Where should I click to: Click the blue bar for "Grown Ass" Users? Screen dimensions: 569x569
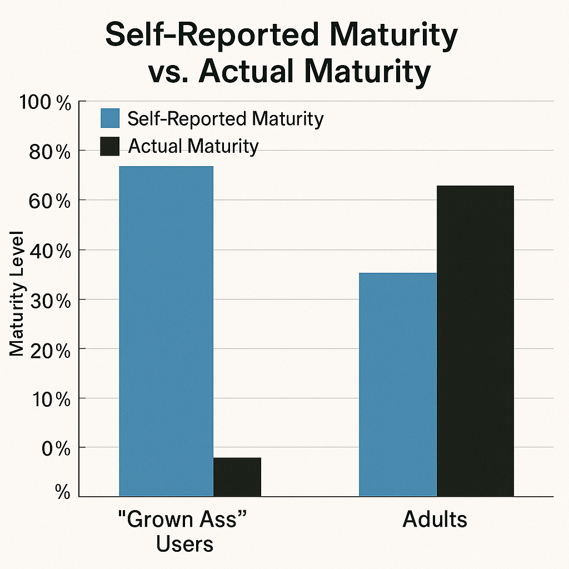[166, 331]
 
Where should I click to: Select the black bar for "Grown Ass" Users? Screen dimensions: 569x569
[237, 477]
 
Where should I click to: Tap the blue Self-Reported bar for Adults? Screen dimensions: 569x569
[398, 384]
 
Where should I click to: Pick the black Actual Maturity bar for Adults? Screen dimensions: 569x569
[475, 341]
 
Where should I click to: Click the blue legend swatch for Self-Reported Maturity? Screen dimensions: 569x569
[110, 118]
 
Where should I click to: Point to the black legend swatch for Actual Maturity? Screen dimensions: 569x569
[110, 147]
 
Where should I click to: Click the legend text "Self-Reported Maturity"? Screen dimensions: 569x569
[225, 119]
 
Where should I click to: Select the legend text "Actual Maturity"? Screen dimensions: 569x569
[193, 146]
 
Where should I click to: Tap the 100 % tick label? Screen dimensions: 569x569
[45, 103]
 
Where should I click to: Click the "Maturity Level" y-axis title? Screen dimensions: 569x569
[17, 293]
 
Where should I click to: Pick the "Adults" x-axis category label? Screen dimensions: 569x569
[435, 520]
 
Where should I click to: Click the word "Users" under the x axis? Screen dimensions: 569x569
[184, 543]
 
